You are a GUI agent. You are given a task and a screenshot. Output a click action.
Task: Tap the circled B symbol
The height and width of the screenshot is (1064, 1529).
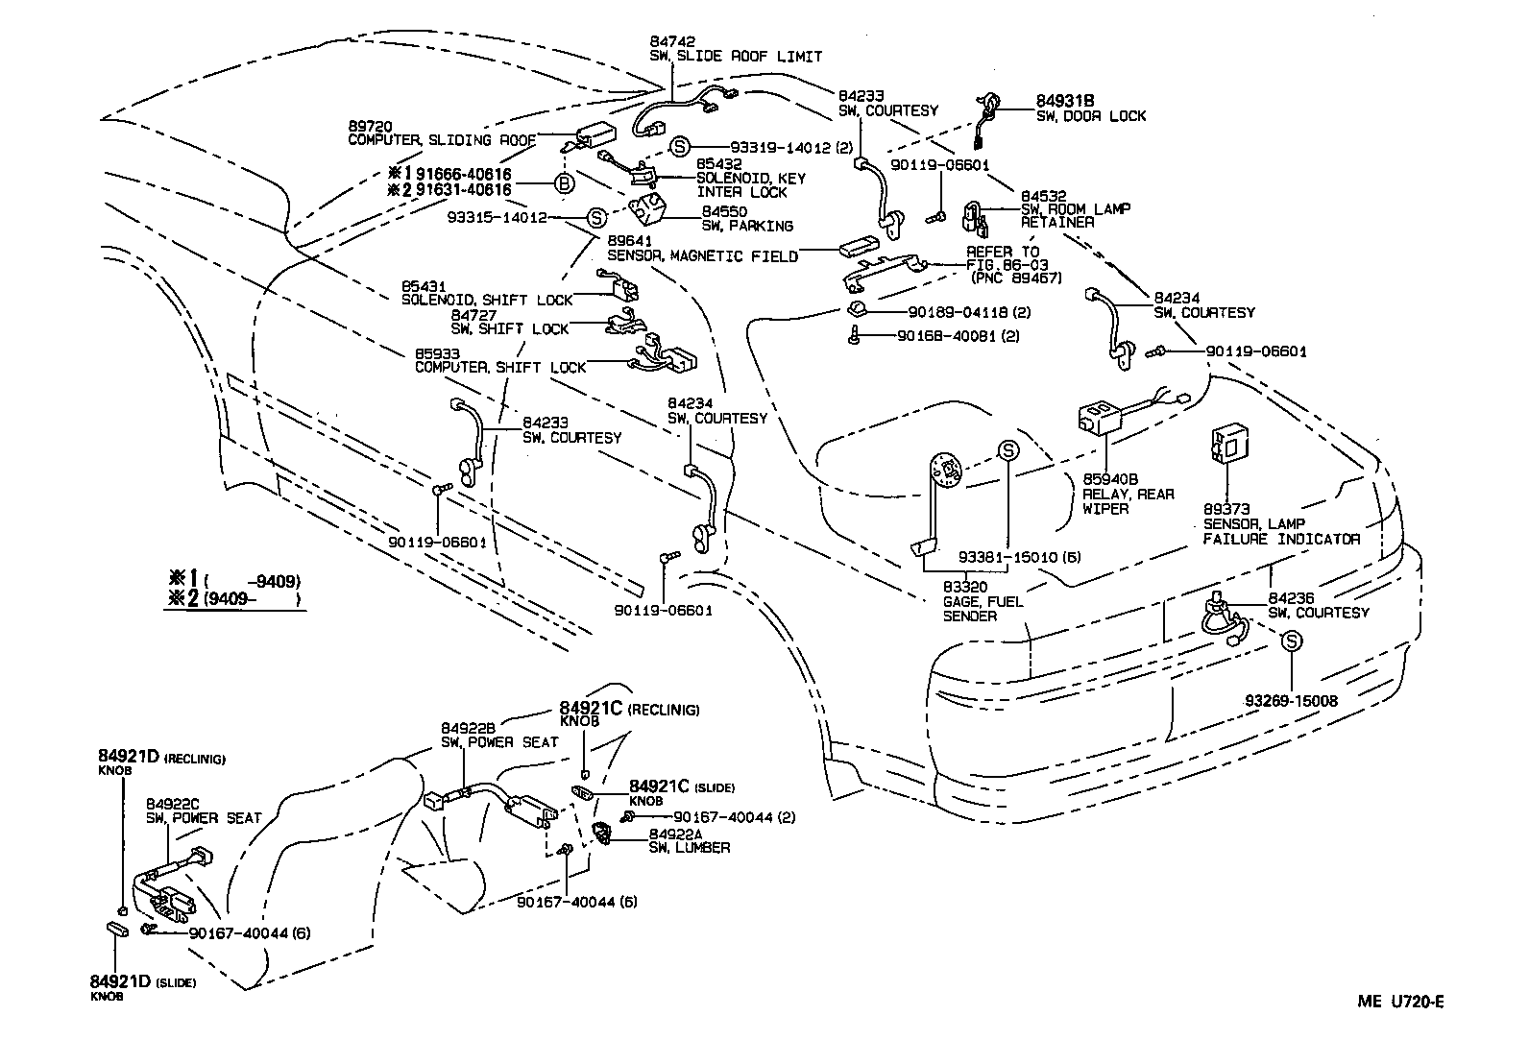tap(565, 182)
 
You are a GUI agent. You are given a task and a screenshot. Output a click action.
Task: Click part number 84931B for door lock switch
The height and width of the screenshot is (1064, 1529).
tap(1065, 101)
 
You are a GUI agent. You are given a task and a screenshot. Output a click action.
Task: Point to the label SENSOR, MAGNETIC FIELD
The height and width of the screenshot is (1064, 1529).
tap(702, 256)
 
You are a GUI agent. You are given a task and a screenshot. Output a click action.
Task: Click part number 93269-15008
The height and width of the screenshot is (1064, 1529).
tap(1291, 701)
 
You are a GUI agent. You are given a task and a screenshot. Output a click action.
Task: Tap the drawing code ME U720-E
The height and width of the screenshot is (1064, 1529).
tap(1400, 1002)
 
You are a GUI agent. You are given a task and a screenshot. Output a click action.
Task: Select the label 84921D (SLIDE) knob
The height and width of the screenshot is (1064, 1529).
tap(142, 981)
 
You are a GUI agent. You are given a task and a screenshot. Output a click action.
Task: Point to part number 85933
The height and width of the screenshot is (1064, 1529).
tap(435, 352)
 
